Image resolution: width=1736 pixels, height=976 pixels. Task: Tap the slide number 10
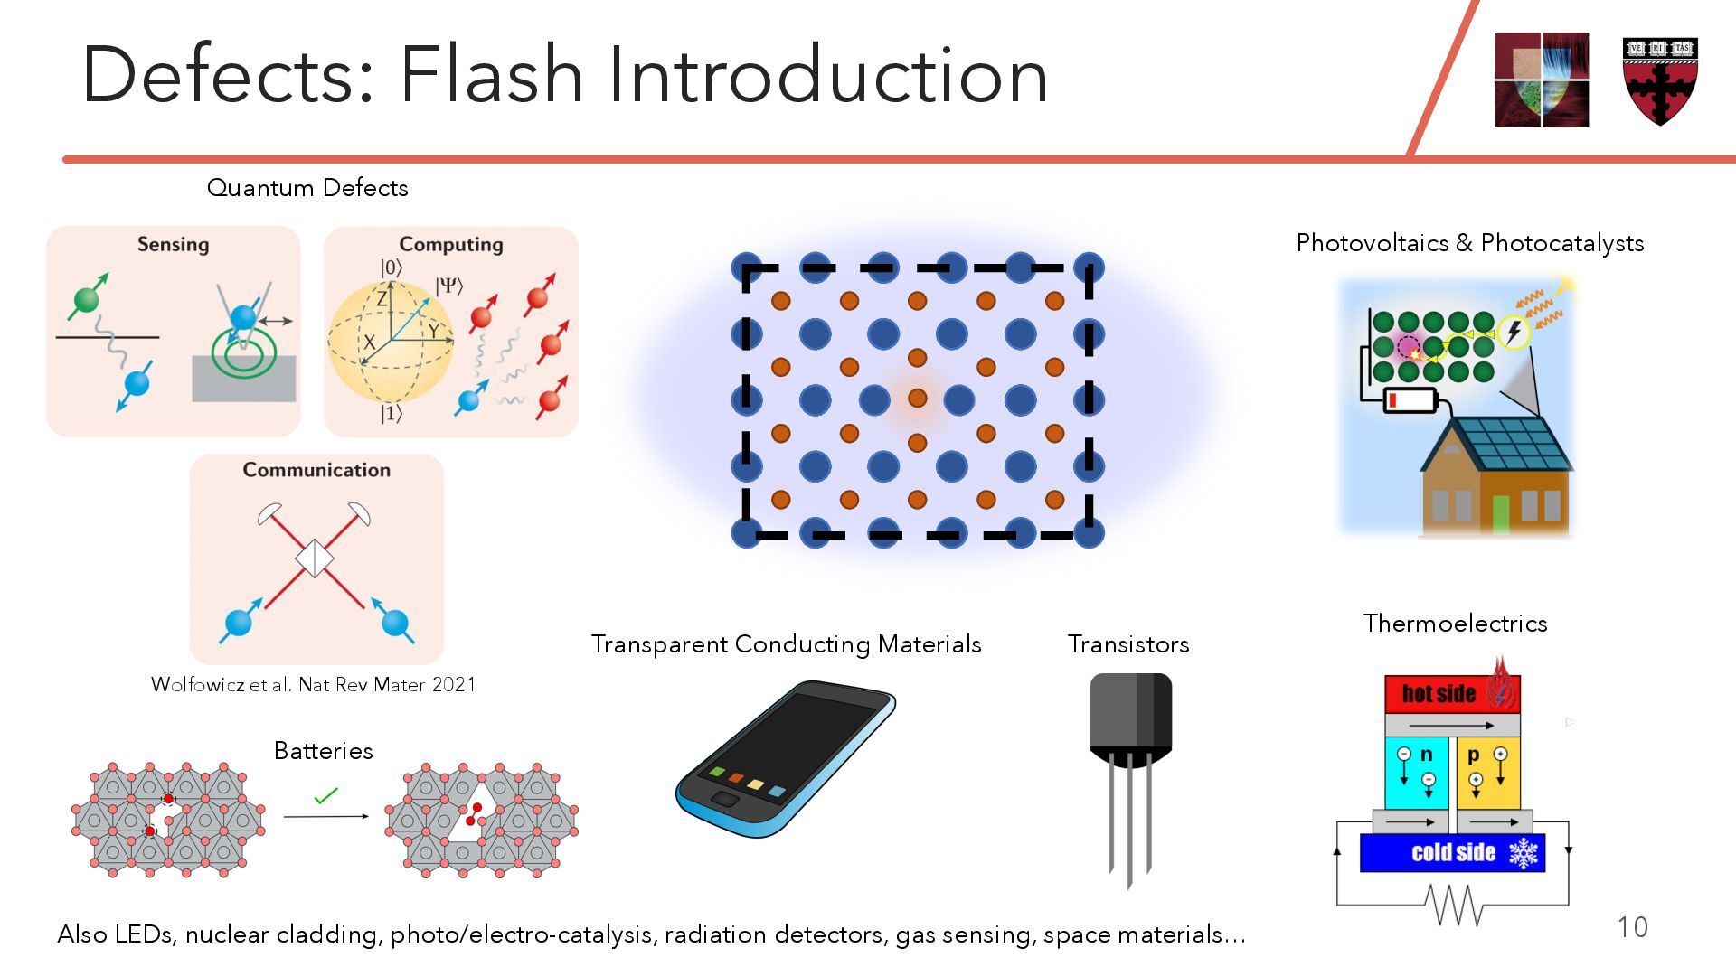[1632, 927]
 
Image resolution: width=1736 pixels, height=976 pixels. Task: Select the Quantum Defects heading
[307, 188]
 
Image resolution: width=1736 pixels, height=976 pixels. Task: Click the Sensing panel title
[173, 244]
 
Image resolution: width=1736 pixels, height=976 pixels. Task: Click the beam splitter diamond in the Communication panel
[314, 558]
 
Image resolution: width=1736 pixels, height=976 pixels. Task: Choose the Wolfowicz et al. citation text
[313, 685]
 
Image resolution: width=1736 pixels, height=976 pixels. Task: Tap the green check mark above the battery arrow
[325, 796]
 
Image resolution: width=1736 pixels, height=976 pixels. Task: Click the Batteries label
[323, 751]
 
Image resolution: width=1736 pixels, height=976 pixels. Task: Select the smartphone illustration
[785, 759]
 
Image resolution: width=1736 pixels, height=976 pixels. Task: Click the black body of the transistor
[1130, 714]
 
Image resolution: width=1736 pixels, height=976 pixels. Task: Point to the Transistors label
[1128, 644]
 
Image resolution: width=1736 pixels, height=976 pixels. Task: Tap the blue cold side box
[1452, 853]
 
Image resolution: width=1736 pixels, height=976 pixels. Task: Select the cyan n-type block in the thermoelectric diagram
[1416, 773]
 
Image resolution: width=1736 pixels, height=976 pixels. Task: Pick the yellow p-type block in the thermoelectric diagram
[1487, 773]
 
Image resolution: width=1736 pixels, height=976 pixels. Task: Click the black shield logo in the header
[1660, 80]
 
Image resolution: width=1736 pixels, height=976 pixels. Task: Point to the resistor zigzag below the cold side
[1453, 905]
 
